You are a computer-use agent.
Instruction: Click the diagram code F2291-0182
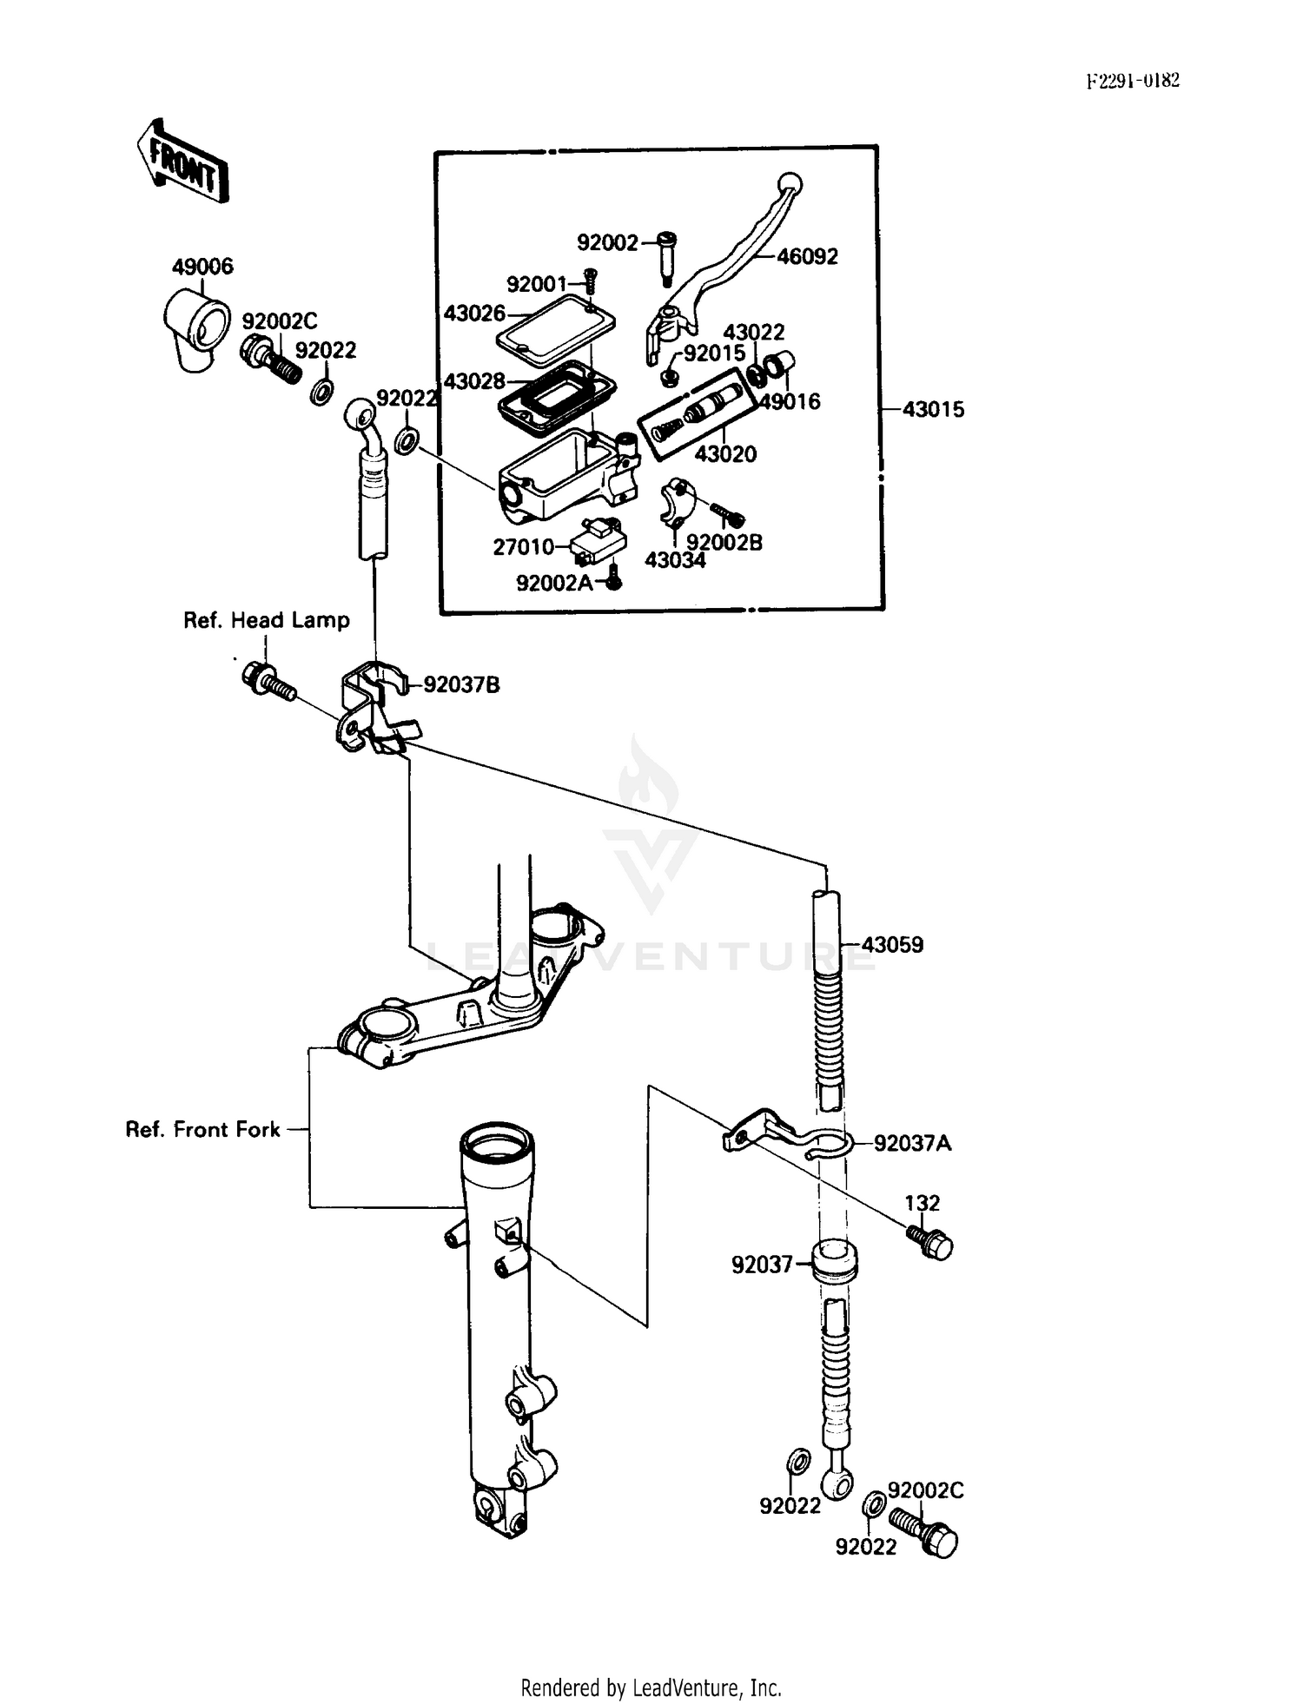[1133, 81]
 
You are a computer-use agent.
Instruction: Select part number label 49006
[202, 267]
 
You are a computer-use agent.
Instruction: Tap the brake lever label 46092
[807, 256]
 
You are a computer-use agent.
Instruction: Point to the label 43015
[933, 409]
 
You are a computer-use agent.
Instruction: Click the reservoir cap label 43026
[474, 313]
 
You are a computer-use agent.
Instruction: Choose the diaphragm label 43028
[474, 380]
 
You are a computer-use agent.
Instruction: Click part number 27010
[523, 546]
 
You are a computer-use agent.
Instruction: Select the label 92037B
[461, 684]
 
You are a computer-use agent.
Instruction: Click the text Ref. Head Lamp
[266, 620]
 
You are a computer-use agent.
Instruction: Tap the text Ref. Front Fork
[203, 1129]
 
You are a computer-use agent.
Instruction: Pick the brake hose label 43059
[892, 944]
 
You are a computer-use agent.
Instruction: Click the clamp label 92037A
[912, 1143]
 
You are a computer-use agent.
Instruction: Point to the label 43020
[724, 453]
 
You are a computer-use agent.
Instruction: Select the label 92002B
[724, 542]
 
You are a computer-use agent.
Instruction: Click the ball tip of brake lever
[790, 183]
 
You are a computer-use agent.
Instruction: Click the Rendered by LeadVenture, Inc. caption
[651, 1687]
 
